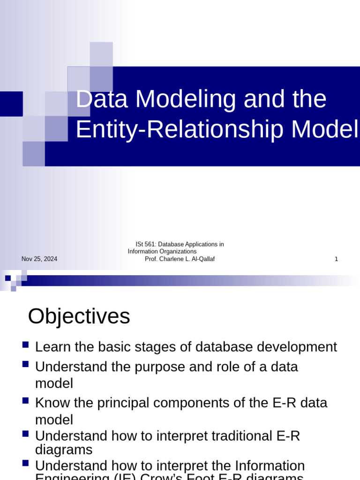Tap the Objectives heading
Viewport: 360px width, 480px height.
(79, 316)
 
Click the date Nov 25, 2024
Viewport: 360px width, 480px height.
(39, 259)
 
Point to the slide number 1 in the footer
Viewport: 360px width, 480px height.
(336, 259)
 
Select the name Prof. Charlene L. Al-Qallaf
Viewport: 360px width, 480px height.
(180, 259)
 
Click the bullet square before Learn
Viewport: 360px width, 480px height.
(26, 345)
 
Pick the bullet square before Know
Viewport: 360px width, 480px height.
(26, 401)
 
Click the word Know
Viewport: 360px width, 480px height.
(52, 403)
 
